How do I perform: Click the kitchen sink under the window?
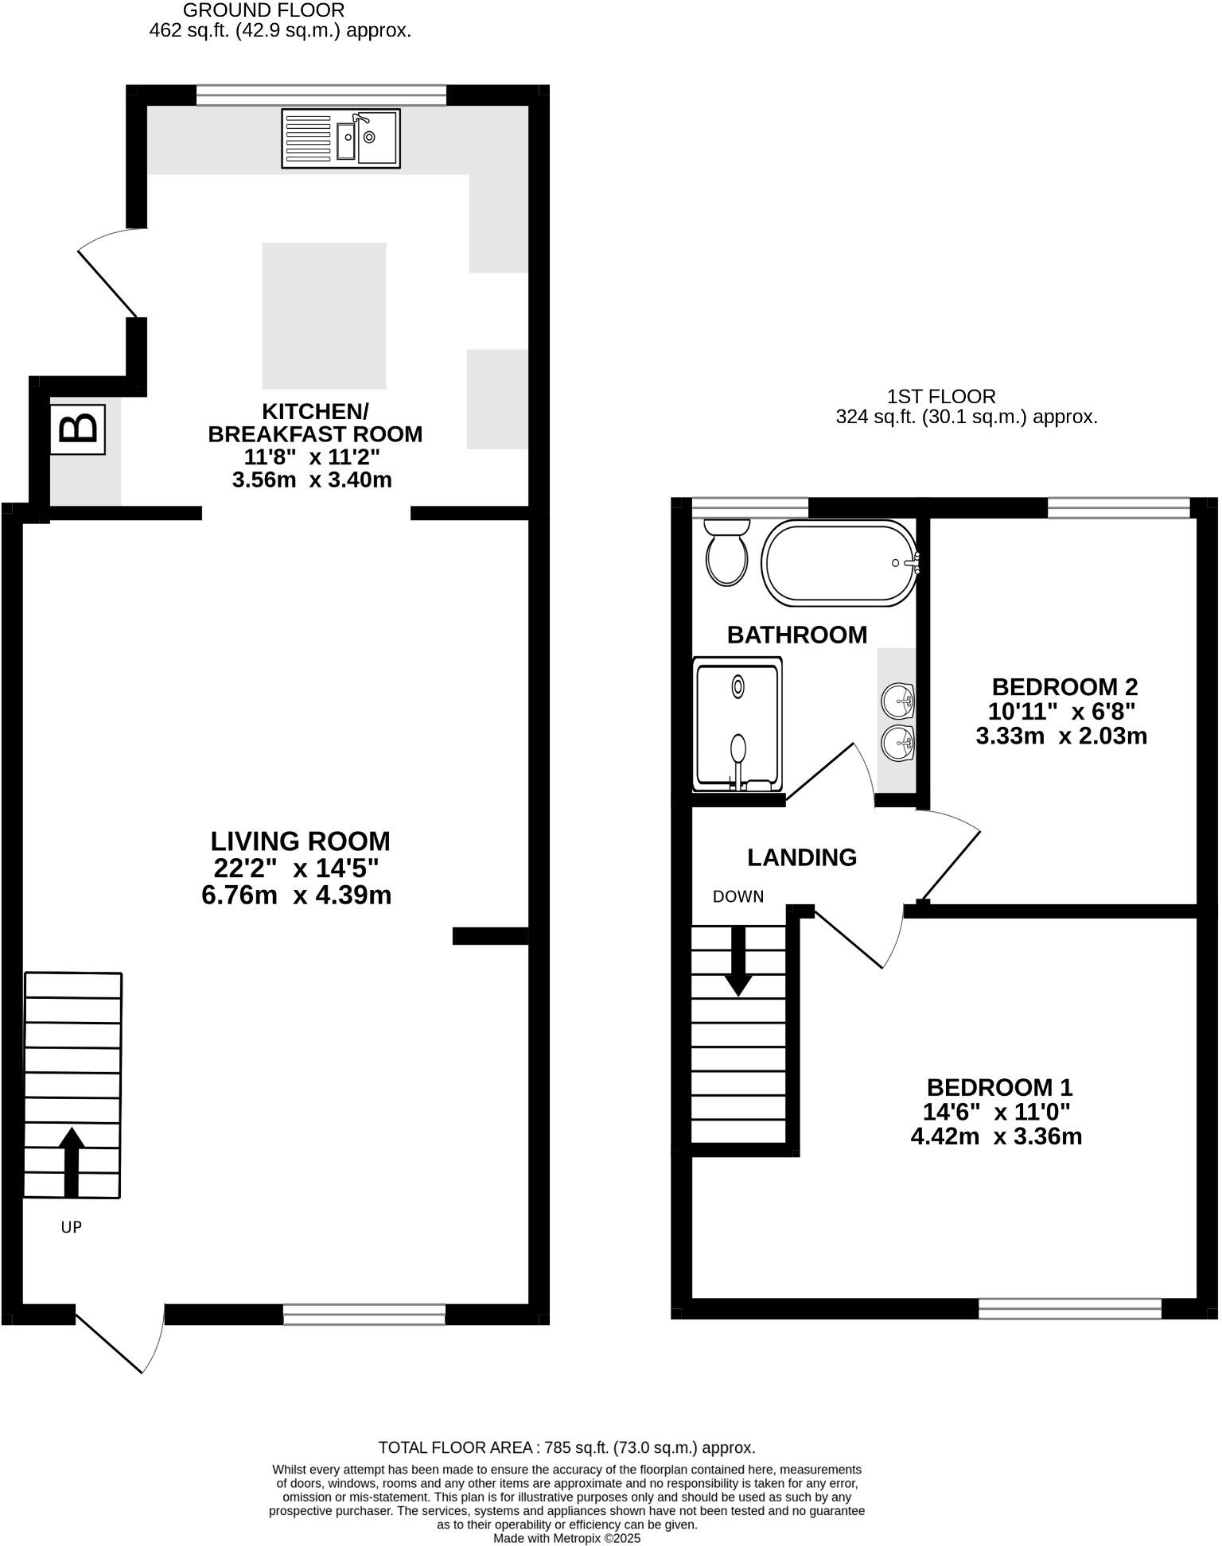(x=341, y=138)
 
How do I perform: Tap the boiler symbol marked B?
(x=78, y=429)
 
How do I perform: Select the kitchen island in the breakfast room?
(x=324, y=316)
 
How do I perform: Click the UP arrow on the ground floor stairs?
(x=72, y=1161)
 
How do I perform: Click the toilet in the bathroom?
(x=726, y=552)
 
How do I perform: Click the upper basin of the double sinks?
(x=897, y=701)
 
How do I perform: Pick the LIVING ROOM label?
(x=300, y=841)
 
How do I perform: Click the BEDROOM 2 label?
(x=1064, y=686)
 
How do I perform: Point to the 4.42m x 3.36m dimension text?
(x=996, y=1136)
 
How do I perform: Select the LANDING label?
(x=802, y=857)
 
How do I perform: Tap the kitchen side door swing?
(x=111, y=270)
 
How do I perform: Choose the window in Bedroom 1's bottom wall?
(x=1069, y=1308)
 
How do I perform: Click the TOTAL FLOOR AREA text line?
(x=566, y=1447)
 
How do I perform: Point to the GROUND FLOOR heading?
(x=263, y=10)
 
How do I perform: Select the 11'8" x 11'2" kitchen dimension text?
(x=312, y=457)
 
